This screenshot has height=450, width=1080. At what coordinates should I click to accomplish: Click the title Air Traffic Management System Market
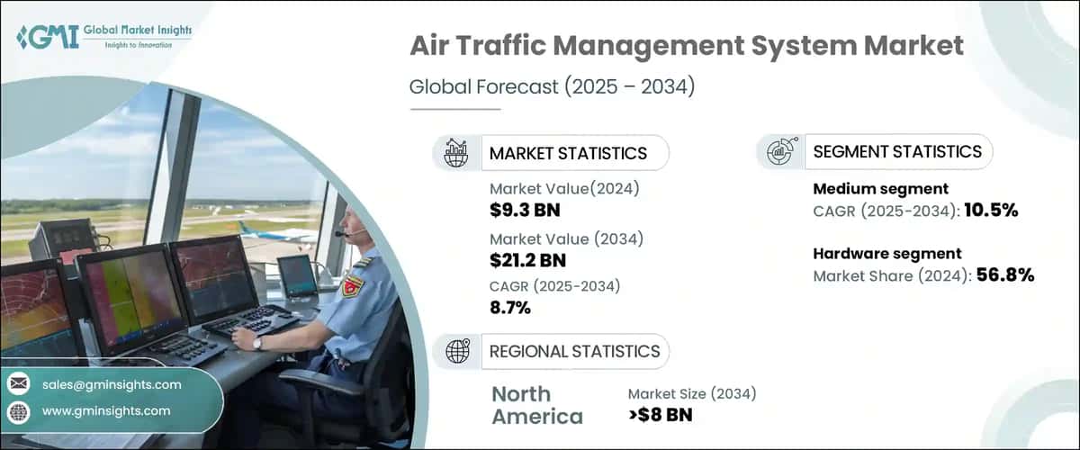coord(686,47)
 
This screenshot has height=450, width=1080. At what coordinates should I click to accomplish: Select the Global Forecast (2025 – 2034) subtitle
coord(553,87)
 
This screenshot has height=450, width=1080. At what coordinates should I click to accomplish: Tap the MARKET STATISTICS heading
coord(567,153)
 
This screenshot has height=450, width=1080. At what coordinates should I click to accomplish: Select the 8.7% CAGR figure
coord(510,308)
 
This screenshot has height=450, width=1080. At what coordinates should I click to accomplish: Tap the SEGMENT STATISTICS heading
coord(897,151)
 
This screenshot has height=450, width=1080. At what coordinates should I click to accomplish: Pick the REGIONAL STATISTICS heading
coord(574,351)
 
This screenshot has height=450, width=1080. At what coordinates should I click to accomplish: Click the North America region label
coord(536,405)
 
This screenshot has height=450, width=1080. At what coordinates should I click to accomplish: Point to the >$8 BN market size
coord(661,415)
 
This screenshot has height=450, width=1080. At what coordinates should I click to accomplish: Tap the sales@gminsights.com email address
coord(112,384)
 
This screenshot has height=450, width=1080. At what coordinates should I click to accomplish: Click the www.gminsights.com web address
coord(106,411)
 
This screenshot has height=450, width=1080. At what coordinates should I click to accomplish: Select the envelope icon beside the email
coord(19,384)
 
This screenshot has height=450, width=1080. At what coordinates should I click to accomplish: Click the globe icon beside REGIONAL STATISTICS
coord(457,351)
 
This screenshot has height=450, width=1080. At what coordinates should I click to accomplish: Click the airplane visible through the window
coord(270,233)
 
